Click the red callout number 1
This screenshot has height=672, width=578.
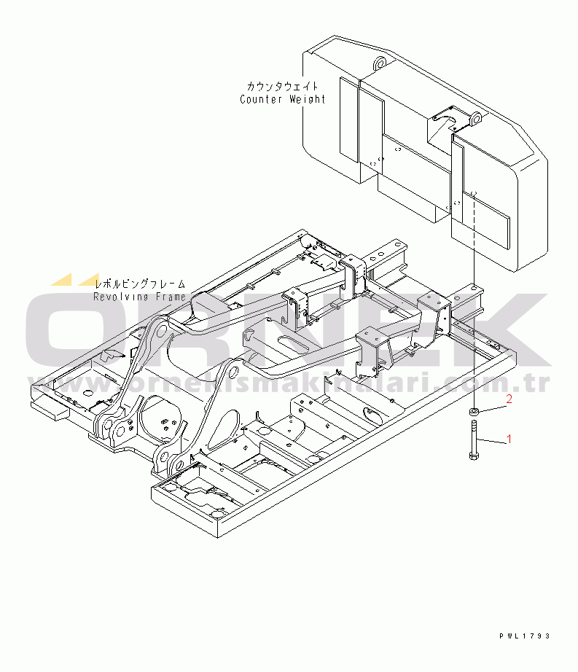[509, 439]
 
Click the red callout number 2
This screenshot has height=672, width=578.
[509, 399]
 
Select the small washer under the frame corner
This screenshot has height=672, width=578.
[473, 413]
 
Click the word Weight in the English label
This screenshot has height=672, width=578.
[306, 99]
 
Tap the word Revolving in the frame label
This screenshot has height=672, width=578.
[120, 297]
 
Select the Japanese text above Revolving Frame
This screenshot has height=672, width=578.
[141, 284]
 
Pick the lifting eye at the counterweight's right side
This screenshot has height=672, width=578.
[474, 118]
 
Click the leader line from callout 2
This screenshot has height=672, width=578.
[491, 406]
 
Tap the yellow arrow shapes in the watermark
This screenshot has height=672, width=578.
[73, 279]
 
